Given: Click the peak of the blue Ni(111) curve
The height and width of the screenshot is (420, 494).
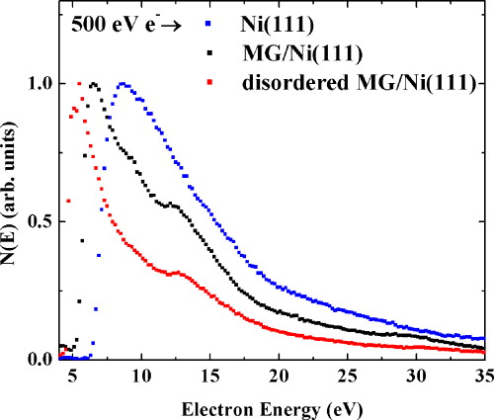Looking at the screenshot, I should point(122,84).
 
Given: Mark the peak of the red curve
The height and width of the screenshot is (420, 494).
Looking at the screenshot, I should point(79,84).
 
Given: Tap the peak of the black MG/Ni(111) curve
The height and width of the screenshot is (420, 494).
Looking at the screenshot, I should point(93,84).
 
